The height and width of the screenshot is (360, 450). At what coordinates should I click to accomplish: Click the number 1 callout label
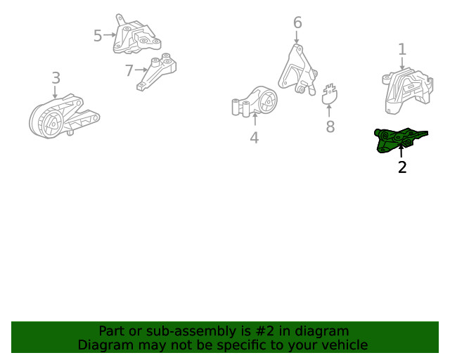pos(402,49)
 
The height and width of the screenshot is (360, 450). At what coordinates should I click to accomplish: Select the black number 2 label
pos(402,167)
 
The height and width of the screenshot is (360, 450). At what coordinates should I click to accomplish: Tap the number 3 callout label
pos(56,78)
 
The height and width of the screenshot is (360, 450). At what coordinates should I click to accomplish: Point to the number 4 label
pos(255,138)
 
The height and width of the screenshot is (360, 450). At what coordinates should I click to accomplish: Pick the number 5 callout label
pos(98,36)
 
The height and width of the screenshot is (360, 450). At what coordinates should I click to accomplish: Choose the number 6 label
pos(297,22)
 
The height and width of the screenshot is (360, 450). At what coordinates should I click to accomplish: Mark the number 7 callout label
pos(129,70)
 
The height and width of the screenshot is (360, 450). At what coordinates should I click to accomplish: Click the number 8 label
pos(330,127)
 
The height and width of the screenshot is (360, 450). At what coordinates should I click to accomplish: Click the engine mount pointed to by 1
pos(407,91)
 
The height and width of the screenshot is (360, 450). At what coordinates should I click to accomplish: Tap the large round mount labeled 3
pos(64,116)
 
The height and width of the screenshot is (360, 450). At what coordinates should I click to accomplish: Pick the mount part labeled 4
pos(255,102)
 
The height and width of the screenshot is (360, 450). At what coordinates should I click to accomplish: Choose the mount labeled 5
pos(136,36)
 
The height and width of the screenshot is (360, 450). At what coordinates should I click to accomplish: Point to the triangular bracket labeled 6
pos(297,70)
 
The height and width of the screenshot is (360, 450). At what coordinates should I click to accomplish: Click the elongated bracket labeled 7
pos(156,72)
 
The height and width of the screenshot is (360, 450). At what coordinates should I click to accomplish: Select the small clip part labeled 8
pos(330,94)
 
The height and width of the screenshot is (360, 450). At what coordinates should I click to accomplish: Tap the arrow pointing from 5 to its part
pos(110,34)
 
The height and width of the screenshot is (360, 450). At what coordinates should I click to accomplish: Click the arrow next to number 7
pos(141,70)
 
